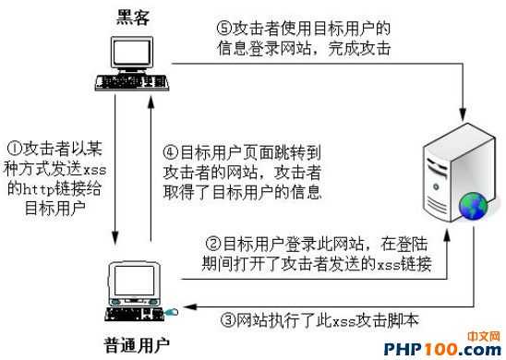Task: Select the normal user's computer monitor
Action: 130,281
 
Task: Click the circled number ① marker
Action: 14,148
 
